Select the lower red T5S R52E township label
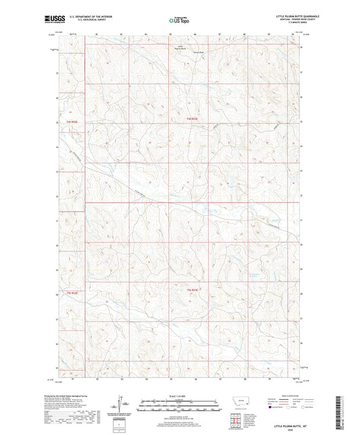tap(192, 290)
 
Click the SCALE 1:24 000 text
tap(179, 396)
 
